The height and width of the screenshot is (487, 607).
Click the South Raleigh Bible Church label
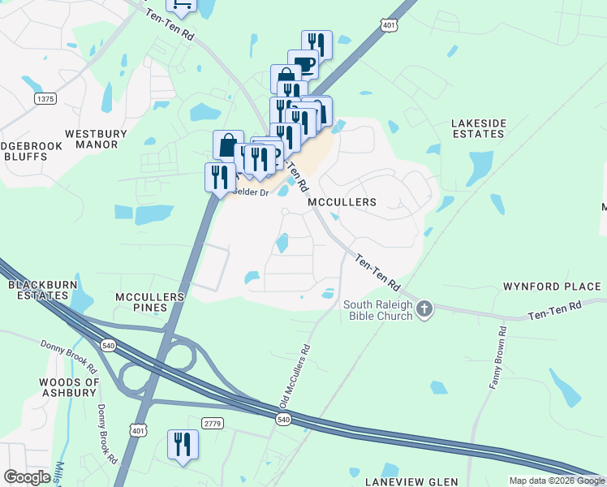[x=378, y=310]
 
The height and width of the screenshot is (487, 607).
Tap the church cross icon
[x=425, y=308]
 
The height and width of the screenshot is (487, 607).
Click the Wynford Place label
[x=552, y=287]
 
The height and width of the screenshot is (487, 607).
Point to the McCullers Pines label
[x=151, y=302]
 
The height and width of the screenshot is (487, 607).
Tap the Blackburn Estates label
[x=38, y=290]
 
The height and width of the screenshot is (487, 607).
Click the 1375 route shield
[x=45, y=98]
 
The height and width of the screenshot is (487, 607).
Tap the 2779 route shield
[x=213, y=424]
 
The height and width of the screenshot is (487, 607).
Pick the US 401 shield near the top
[x=390, y=25]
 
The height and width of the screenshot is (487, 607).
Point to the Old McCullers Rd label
[x=295, y=377]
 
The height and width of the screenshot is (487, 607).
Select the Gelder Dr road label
[x=251, y=192]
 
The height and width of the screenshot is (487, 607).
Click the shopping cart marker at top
[x=181, y=4]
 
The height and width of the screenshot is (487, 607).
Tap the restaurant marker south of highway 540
[x=182, y=445]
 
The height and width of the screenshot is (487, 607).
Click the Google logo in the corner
[x=27, y=477]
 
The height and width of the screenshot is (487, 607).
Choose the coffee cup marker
[x=302, y=65]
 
